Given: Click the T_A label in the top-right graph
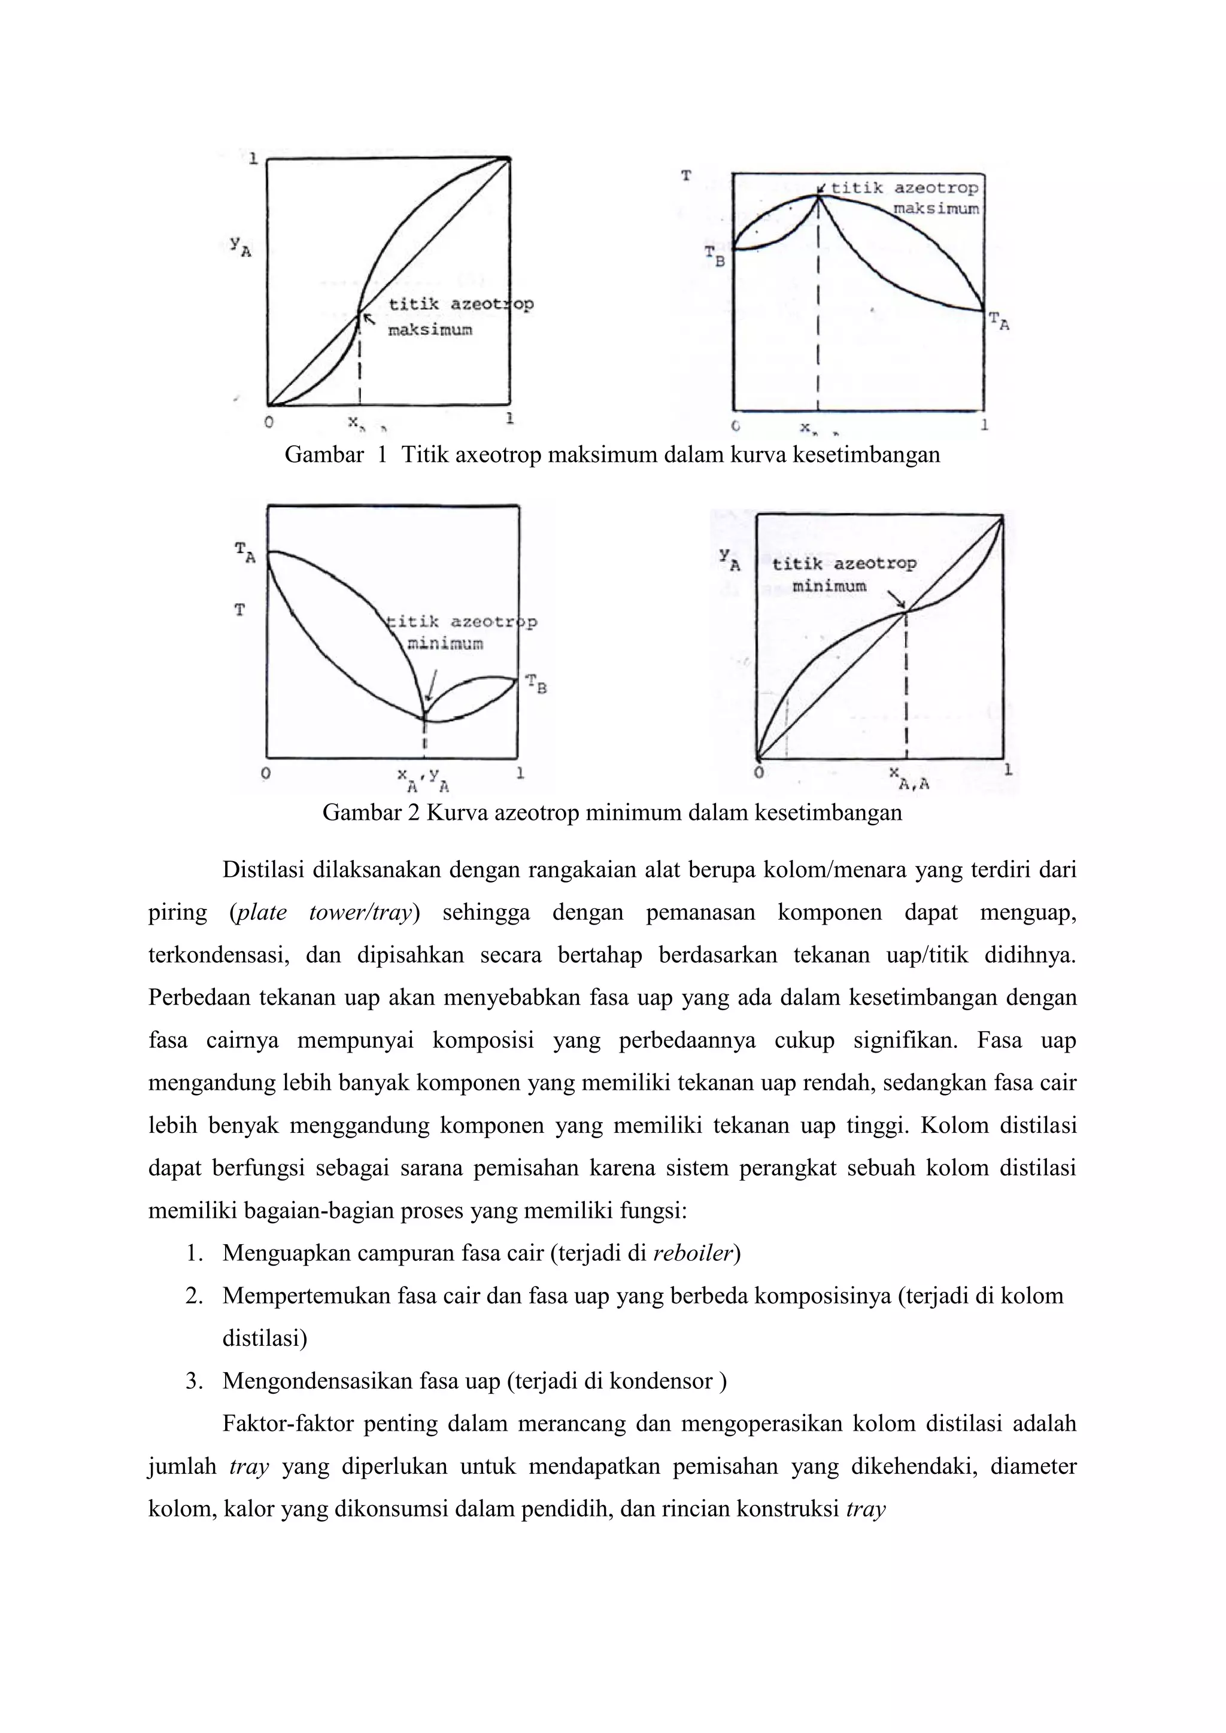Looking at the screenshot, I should pyautogui.click(x=999, y=323).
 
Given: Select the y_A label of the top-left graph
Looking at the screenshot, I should pyautogui.click(x=241, y=246).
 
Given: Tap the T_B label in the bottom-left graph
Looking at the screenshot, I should pyautogui.click(x=536, y=685).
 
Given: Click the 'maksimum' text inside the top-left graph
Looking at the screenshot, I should pyautogui.click(x=430, y=330).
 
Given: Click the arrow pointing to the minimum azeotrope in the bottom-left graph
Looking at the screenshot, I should pyautogui.click(x=431, y=687).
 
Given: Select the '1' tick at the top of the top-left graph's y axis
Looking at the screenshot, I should pyautogui.click(x=254, y=159).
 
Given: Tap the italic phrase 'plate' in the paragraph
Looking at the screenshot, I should pyautogui.click(x=261, y=913).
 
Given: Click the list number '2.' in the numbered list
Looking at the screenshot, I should pyautogui.click(x=194, y=1297).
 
